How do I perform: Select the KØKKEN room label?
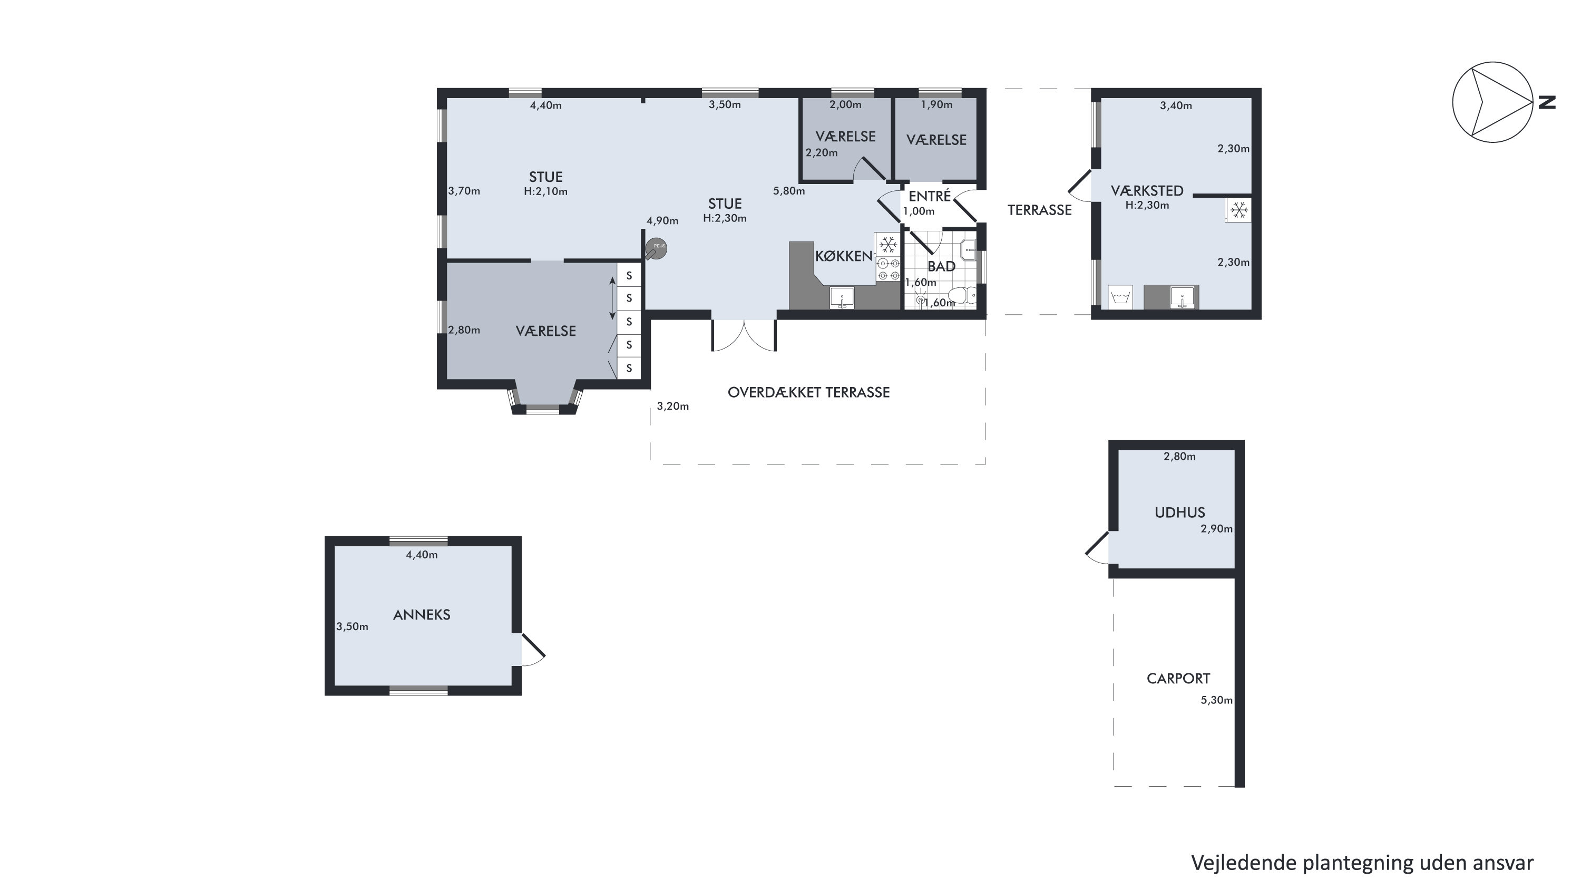pyautogui.click(x=843, y=256)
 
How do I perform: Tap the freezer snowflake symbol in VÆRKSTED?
pyautogui.click(x=1239, y=210)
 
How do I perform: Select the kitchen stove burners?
pyautogui.click(x=888, y=269)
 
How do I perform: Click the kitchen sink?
pyautogui.click(x=842, y=298)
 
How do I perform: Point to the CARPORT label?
pyautogui.click(x=1178, y=679)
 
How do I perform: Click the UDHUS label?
pyautogui.click(x=1179, y=512)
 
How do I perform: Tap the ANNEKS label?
pyautogui.click(x=422, y=615)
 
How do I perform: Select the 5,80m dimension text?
pyautogui.click(x=789, y=191)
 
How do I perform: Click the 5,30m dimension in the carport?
pyautogui.click(x=1216, y=700)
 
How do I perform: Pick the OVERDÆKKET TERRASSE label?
pyautogui.click(x=808, y=392)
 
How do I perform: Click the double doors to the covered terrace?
pyautogui.click(x=744, y=336)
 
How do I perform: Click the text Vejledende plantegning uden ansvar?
pyautogui.click(x=1362, y=863)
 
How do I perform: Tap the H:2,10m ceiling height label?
pyautogui.click(x=545, y=191)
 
